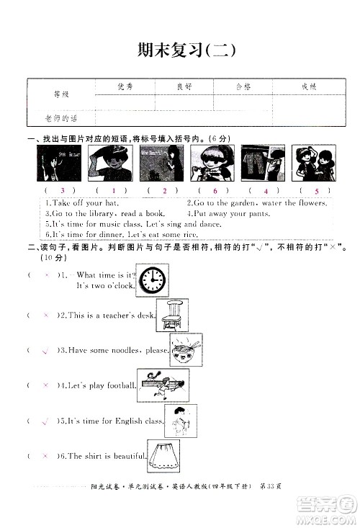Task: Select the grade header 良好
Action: coord(184,87)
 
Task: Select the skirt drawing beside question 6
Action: coord(163,455)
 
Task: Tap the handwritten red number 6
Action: coord(215,190)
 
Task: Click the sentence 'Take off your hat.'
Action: coord(81,203)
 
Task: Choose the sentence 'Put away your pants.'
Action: coord(228,213)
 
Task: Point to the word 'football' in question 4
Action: coord(120,385)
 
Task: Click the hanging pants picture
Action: coord(253,163)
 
